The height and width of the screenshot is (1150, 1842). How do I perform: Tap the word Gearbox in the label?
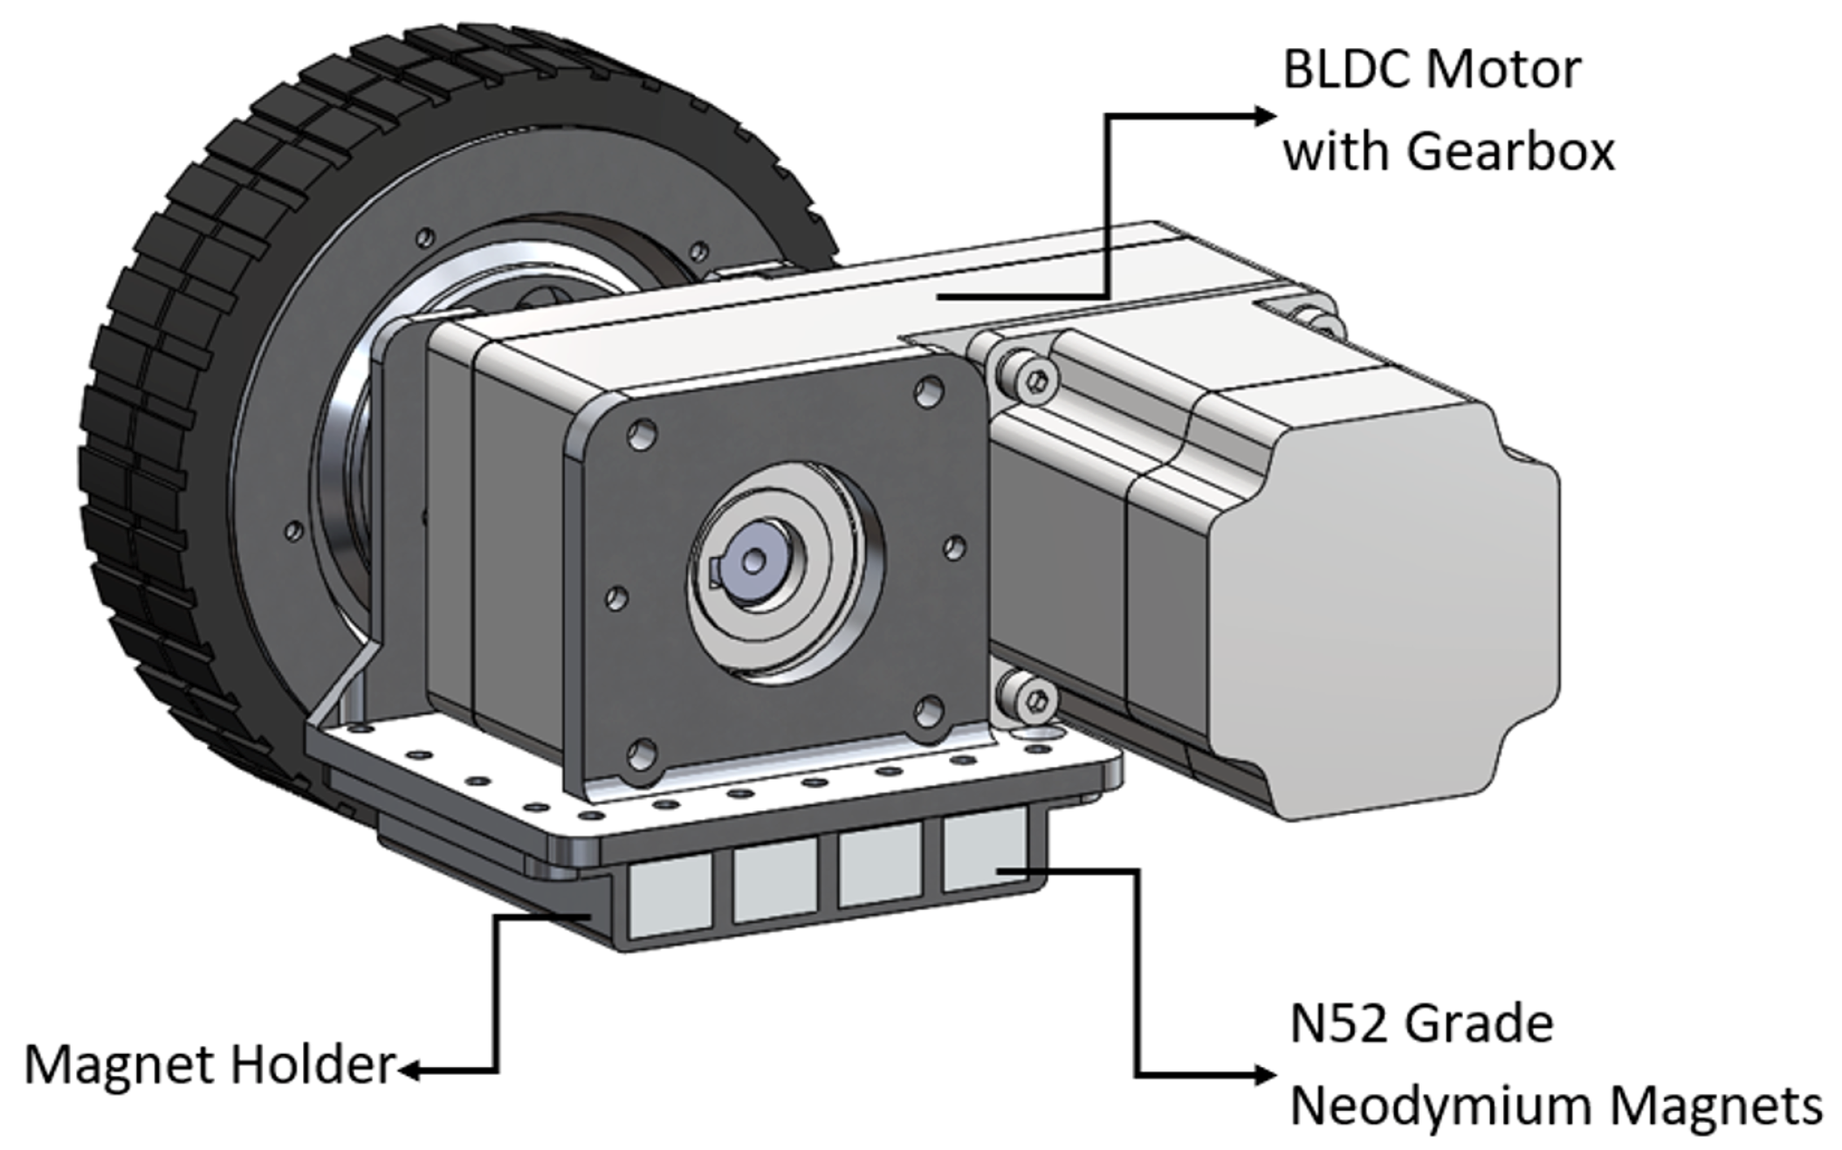click(x=1510, y=152)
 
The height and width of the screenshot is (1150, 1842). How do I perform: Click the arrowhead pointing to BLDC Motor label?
click(x=1264, y=115)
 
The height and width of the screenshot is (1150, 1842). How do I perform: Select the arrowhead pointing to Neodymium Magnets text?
click(x=1264, y=1074)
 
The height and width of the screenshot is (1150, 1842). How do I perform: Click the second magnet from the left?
click(x=774, y=882)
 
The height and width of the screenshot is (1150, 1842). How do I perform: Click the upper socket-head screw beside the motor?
click(x=1035, y=379)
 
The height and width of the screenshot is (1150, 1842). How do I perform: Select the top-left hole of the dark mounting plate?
click(x=642, y=434)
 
